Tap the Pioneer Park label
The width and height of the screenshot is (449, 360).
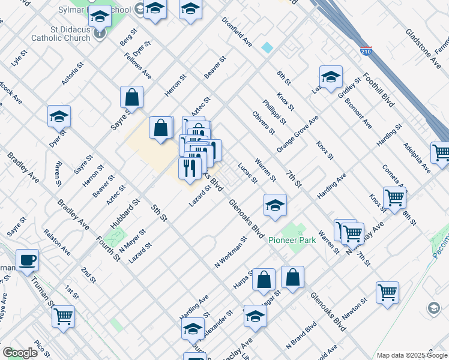pyautogui.click(x=300, y=241)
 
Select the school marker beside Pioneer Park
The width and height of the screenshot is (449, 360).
pyautogui.click(x=274, y=205)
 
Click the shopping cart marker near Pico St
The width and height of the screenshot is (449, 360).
pyautogui.click(x=63, y=316)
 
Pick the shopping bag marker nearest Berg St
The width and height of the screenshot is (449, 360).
pyautogui.click(x=131, y=97)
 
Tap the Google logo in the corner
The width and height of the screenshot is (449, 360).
pyautogui.click(x=20, y=352)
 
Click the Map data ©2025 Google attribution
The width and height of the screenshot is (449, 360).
pyautogui.click(x=411, y=355)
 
